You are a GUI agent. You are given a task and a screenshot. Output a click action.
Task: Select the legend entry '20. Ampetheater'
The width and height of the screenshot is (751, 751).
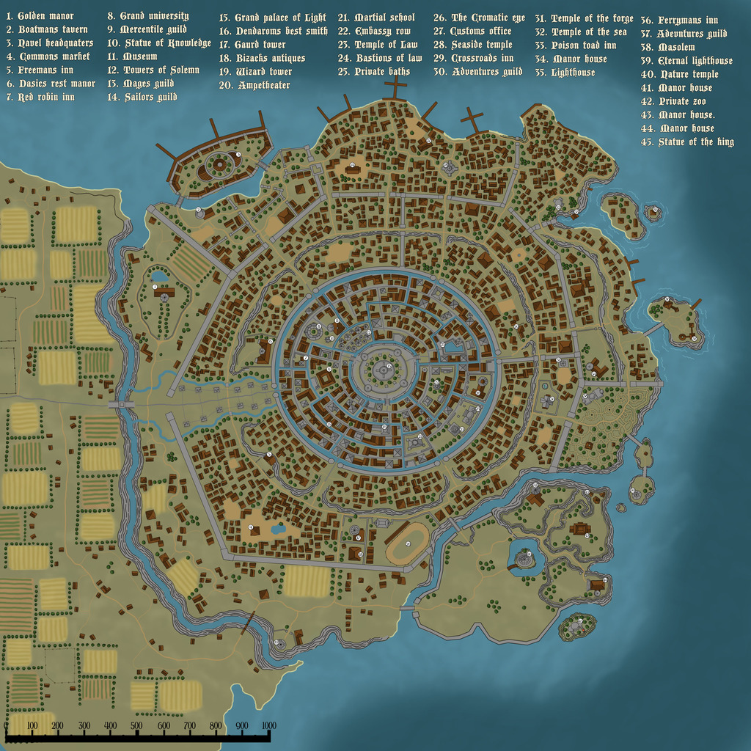[x=254, y=86]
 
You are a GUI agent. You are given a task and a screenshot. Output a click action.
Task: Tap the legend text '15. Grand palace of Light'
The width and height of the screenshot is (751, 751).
[x=272, y=17]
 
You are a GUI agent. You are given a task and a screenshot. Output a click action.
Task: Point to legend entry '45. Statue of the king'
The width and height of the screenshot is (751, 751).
[x=687, y=142]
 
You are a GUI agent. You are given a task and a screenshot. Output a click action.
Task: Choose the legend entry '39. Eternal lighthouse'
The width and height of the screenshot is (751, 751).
[x=686, y=61]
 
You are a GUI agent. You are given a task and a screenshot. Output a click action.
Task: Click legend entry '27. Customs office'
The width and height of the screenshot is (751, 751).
[x=472, y=32]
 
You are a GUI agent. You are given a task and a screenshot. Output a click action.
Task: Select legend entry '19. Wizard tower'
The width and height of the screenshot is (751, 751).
[x=255, y=72]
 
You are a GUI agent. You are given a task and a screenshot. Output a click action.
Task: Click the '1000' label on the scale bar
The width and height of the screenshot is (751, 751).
[x=268, y=726]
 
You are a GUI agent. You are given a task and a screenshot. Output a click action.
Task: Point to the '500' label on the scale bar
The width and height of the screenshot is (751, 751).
[x=136, y=726]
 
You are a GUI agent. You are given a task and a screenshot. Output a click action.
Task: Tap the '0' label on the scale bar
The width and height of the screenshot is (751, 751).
[x=7, y=726]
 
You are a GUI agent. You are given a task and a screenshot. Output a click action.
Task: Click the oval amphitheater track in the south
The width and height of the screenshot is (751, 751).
[x=408, y=543]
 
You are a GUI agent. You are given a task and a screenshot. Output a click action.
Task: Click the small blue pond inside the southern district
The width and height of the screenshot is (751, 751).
[x=279, y=528]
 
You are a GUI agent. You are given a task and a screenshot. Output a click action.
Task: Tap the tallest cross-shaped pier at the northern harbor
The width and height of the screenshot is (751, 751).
[x=396, y=88]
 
